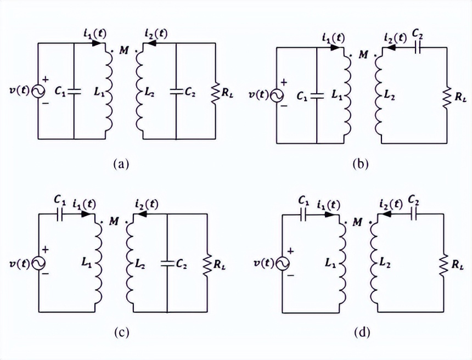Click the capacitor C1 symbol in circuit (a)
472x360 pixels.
(x=74, y=92)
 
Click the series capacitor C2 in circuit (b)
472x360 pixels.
(x=419, y=47)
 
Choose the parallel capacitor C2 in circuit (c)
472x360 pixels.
(x=167, y=263)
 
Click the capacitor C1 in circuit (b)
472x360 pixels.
(x=316, y=95)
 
